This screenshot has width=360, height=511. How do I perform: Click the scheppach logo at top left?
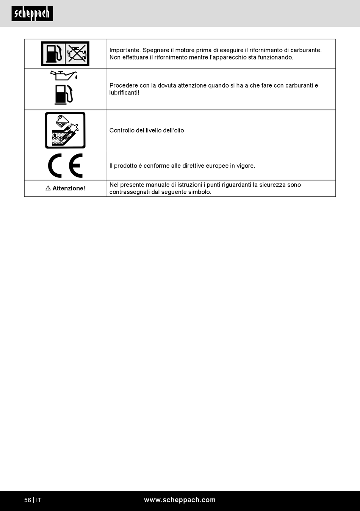click(x=32, y=14)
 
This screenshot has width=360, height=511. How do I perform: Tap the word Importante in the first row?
click(x=125, y=50)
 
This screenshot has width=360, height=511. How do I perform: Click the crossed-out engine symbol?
click(x=77, y=53)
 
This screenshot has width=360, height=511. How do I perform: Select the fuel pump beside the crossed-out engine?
click(x=53, y=53)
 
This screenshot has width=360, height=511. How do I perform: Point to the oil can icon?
click(x=64, y=75)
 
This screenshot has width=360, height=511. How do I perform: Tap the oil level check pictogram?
click(x=65, y=130)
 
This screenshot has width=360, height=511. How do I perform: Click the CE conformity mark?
click(x=65, y=166)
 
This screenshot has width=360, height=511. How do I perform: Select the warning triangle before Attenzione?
click(x=48, y=188)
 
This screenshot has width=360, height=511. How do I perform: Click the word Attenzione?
click(x=69, y=188)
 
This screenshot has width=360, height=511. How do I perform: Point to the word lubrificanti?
click(x=124, y=93)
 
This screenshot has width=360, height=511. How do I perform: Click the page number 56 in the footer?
click(x=28, y=500)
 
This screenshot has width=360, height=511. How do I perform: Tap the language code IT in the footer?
click(x=39, y=500)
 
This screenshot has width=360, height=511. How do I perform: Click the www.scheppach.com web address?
click(x=180, y=500)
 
